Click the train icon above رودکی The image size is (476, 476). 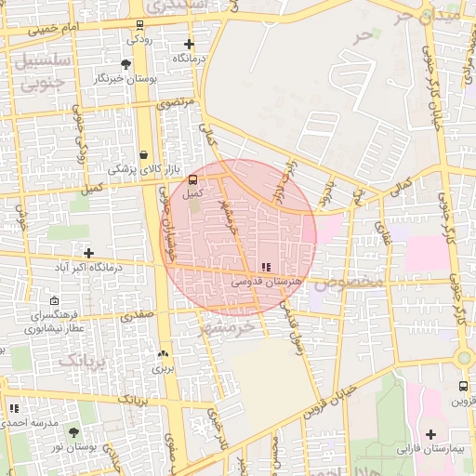coord(139,25)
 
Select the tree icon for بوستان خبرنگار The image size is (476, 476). coord(126,64)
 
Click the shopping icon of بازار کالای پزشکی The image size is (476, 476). coord(143,155)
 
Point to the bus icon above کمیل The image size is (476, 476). coord(192,179)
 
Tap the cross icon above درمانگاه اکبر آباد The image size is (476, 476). coord(88,252)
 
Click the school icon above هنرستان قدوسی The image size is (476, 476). coord(267,267)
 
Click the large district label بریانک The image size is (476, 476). coord(83,358)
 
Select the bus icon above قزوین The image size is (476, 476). coord(463,387)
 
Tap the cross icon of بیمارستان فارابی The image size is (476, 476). coord(430,434)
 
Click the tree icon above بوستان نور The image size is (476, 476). coord(74,432)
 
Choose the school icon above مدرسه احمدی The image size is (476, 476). coord(13,407)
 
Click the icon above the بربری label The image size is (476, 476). coord(164,353)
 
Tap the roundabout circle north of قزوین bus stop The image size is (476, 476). coord(463,358)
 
